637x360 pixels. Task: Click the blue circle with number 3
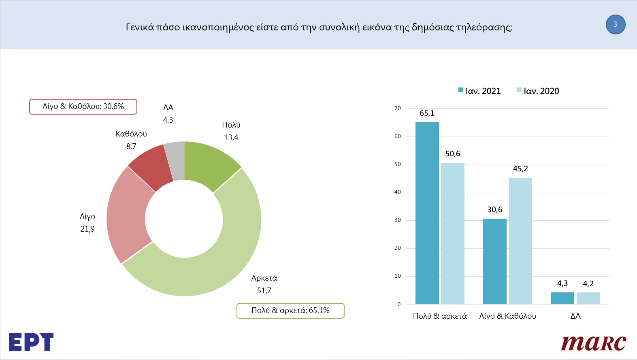616,24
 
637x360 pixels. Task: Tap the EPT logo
31,342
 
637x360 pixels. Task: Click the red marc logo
594,343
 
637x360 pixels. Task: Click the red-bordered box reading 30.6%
83,107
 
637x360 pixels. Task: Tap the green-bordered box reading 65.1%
290,311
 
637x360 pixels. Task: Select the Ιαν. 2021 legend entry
479,91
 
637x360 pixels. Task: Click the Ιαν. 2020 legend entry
538,91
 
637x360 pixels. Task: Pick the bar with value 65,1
427,213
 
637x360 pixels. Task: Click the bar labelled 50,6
453,234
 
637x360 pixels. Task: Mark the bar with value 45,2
520,241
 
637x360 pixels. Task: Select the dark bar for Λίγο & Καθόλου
495,261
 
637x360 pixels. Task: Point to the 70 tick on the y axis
398,109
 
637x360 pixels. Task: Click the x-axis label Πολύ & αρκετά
440,316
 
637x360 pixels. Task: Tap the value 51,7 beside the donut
264,291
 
